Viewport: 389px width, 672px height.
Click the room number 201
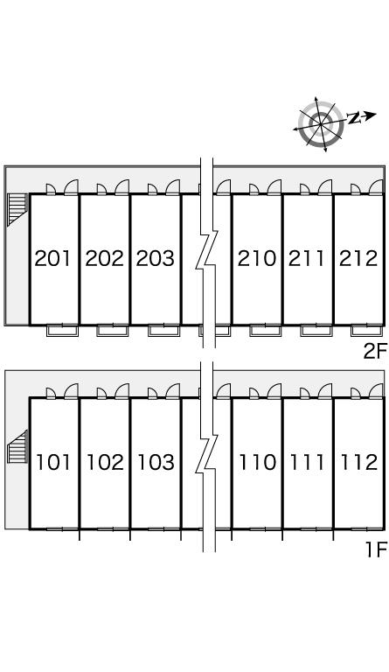coord(52,258)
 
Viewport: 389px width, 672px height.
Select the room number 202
coord(104,258)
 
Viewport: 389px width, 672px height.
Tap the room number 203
coord(156,258)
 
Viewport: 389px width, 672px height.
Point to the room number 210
coord(257,258)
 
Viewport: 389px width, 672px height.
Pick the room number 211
coord(307,258)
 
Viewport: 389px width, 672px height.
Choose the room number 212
coord(358,258)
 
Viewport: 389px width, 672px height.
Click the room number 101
coord(53,462)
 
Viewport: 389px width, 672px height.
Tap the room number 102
coord(105,462)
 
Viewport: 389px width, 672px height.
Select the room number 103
coord(156,462)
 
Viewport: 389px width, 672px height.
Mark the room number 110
coord(258,462)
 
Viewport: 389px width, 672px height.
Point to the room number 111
coord(307,462)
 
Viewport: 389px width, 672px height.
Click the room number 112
coord(359,462)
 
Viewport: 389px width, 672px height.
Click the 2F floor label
coord(375,352)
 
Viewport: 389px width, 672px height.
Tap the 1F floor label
coord(377,549)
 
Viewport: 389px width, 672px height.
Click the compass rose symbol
coord(322,124)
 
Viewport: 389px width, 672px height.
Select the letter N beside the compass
coord(353,118)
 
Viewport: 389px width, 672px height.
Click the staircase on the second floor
coord(17,210)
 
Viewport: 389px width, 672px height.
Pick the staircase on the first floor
coord(17,446)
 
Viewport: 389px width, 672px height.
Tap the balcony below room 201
coord(62,331)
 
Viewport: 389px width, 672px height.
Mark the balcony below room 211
coord(316,331)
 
